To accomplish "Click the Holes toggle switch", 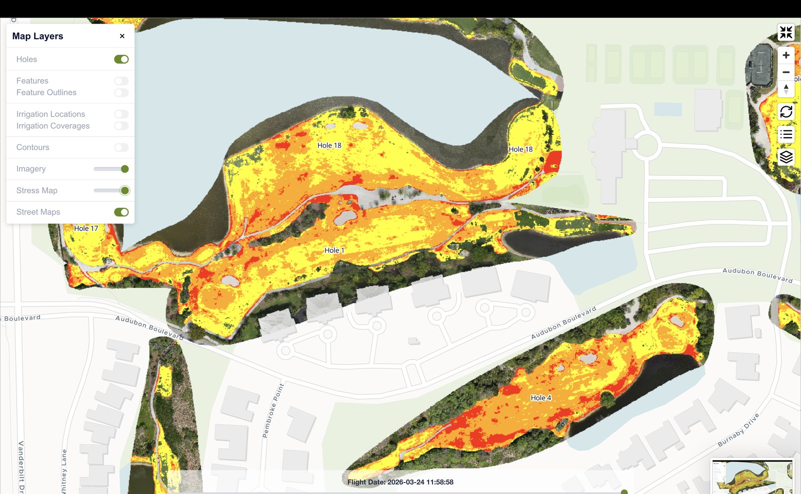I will click(x=121, y=59).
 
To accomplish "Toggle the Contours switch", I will click(x=121, y=147).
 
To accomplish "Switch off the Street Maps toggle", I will click(x=121, y=212).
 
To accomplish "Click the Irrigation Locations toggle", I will click(x=121, y=114).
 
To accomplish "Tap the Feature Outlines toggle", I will click(x=121, y=93).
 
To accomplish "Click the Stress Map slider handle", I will click(x=125, y=190).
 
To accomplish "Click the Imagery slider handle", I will click(x=125, y=169).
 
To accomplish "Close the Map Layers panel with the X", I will click(x=122, y=36).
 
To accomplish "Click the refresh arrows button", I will click(x=786, y=111).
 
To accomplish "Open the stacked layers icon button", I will click(x=786, y=157).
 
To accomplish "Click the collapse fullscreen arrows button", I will click(x=786, y=33).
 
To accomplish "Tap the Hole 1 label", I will click(x=334, y=251).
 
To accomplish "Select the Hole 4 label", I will click(x=541, y=398).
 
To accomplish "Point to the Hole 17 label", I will click(x=86, y=228).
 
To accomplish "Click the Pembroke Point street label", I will click(x=273, y=411).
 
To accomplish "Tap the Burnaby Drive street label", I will click(x=738, y=430).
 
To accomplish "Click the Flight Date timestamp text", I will click(x=400, y=482).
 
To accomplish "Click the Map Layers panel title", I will click(x=38, y=36).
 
